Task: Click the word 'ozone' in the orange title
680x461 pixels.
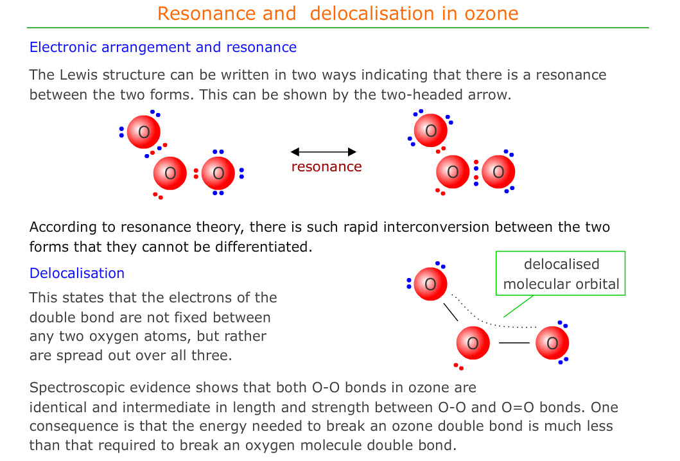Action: pyautogui.click(x=491, y=13)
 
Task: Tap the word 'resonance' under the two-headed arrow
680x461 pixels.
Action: pyautogui.click(x=327, y=166)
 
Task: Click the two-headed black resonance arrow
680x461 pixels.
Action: pyautogui.click(x=324, y=152)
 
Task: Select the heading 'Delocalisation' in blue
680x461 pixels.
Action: pyautogui.click(x=77, y=273)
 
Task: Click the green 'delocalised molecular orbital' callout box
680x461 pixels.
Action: pyautogui.click(x=561, y=274)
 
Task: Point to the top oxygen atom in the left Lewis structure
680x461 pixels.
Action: pyautogui.click(x=144, y=132)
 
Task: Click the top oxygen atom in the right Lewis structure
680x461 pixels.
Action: pyautogui.click(x=431, y=130)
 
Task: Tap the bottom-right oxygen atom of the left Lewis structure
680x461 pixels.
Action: pyautogui.click(x=218, y=173)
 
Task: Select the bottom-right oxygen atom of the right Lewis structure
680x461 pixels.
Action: pyautogui.click(x=498, y=172)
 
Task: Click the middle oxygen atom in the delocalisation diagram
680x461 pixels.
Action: pyautogui.click(x=473, y=343)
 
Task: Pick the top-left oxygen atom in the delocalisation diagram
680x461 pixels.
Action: pyautogui.click(x=430, y=284)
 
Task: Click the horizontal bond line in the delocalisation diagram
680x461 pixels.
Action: pyautogui.click(x=514, y=343)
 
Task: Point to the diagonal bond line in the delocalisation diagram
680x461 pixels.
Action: pyautogui.click(x=451, y=312)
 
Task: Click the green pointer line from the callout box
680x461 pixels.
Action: pyautogui.click(x=518, y=306)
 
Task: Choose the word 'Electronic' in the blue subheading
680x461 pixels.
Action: pyautogui.click(x=63, y=47)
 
